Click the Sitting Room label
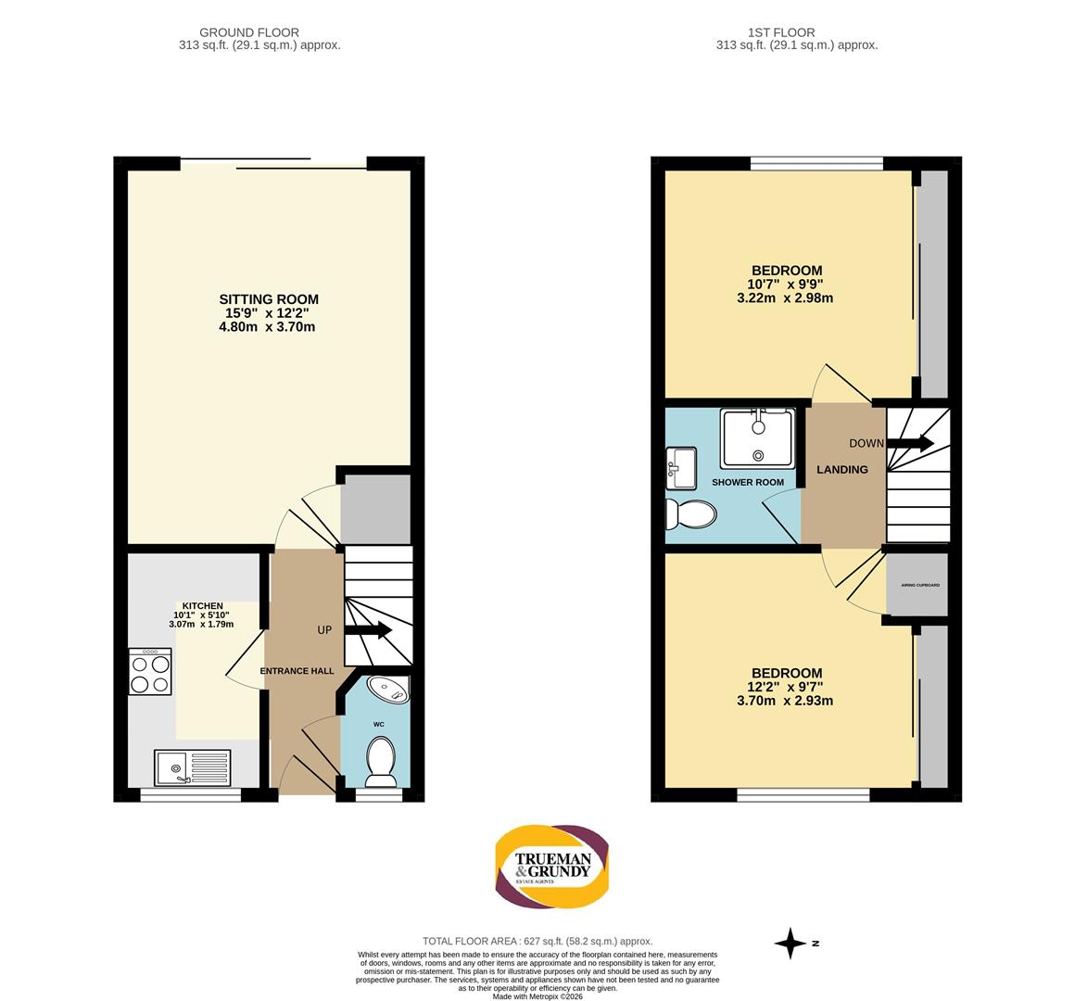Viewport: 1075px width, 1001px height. click(x=269, y=299)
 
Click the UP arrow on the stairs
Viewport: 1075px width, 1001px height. click(x=368, y=630)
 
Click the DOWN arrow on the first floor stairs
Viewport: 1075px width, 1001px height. click(x=909, y=443)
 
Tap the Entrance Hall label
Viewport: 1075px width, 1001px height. click(x=297, y=671)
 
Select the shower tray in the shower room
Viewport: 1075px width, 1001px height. click(x=758, y=437)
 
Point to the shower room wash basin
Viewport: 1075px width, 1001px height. click(x=681, y=467)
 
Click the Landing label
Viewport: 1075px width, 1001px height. click(x=841, y=469)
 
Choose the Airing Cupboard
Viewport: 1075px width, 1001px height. click(x=917, y=585)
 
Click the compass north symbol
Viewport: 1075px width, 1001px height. click(x=791, y=944)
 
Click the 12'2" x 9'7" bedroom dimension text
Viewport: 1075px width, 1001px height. click(x=786, y=687)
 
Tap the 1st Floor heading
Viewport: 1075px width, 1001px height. click(x=796, y=32)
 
